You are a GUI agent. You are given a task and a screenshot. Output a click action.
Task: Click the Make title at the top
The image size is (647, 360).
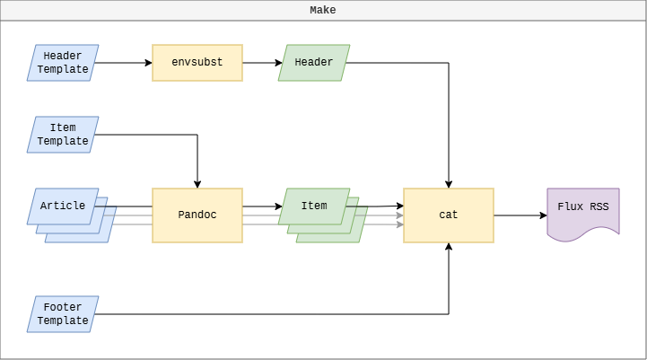pyautogui.click(x=323, y=10)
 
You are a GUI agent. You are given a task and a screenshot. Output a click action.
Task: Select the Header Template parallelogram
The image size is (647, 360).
pyautogui.click(x=63, y=63)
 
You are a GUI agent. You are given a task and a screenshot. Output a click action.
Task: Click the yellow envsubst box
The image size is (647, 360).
pyautogui.click(x=197, y=63)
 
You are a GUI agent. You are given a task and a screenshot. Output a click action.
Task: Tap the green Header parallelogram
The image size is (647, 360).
pyautogui.click(x=314, y=63)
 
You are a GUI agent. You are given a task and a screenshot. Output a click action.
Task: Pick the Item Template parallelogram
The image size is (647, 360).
pyautogui.click(x=63, y=135)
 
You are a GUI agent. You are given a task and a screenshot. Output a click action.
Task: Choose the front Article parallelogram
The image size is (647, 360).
pyautogui.click(x=63, y=206)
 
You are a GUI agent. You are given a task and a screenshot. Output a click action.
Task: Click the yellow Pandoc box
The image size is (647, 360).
pyautogui.click(x=197, y=215)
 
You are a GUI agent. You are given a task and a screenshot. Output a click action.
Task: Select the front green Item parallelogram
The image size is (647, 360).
pyautogui.click(x=314, y=206)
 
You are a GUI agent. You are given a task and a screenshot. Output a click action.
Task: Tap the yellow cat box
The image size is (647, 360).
pyautogui.click(x=449, y=215)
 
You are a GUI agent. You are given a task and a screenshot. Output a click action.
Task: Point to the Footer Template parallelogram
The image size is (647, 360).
pyautogui.click(x=63, y=314)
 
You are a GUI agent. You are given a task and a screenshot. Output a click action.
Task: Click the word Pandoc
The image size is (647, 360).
pyautogui.click(x=197, y=215)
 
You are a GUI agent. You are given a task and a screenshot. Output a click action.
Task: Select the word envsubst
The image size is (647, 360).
pyautogui.click(x=197, y=63)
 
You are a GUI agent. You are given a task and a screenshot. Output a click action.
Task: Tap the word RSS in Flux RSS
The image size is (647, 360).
pyautogui.click(x=598, y=206)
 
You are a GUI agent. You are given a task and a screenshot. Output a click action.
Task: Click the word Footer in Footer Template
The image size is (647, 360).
pyautogui.click(x=63, y=308)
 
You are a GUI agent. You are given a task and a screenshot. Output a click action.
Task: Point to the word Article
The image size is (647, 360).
pyautogui.click(x=63, y=206)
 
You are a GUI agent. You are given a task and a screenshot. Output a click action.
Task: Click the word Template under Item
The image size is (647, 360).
pyautogui.click(x=63, y=141)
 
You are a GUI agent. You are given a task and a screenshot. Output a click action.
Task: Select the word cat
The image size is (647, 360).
pyautogui.click(x=449, y=215)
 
